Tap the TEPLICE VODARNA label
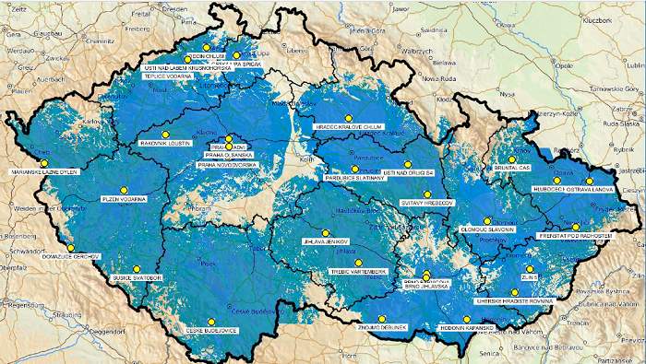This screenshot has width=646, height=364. [169, 77]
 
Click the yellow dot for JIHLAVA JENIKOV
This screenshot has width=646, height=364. [324, 232]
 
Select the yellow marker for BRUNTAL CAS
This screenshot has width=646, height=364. [512, 159]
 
